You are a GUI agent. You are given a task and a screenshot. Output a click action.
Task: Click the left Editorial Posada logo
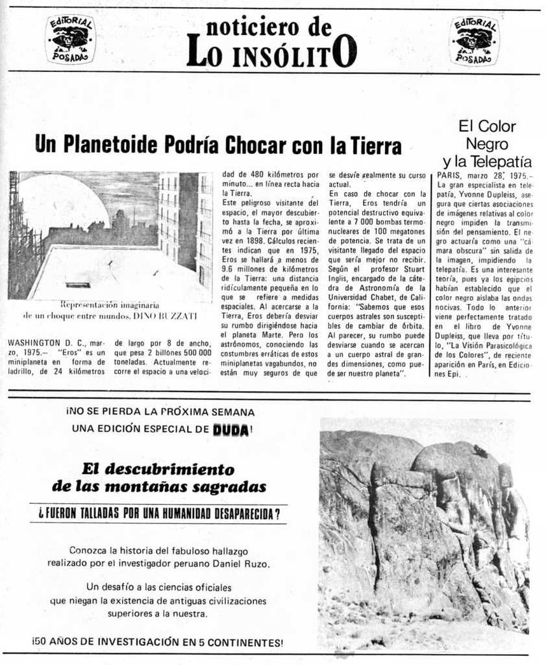71,40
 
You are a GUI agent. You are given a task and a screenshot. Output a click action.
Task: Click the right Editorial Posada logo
475,40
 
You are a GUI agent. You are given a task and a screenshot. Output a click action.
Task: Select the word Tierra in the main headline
376,146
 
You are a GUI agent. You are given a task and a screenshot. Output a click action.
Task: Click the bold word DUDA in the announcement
230,429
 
